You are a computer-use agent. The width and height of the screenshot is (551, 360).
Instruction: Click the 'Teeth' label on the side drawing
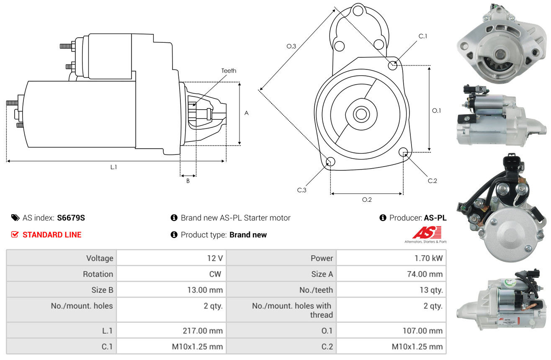(x=229, y=71)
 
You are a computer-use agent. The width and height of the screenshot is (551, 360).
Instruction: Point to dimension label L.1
(x=113, y=167)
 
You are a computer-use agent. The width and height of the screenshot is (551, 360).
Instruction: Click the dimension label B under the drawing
(x=188, y=181)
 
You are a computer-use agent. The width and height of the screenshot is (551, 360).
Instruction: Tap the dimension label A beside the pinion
(x=247, y=113)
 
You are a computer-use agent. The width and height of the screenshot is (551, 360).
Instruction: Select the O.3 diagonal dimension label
(x=291, y=46)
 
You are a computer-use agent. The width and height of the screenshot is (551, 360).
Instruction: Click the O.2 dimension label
(x=367, y=200)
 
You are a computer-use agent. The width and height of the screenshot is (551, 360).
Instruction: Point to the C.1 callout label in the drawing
(x=423, y=36)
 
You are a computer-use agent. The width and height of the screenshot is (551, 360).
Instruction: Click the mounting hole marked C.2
(x=403, y=152)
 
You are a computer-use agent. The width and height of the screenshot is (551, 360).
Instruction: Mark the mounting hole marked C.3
(x=330, y=162)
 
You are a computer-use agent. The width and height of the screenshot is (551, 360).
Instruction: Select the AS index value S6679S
(x=71, y=218)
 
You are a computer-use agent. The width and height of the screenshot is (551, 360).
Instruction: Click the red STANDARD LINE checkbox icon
(x=15, y=235)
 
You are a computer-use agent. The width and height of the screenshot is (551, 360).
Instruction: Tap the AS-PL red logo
(x=427, y=233)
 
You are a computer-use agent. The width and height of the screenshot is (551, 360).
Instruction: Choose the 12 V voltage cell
(x=215, y=258)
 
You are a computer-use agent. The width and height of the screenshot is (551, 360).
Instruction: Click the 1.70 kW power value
(x=428, y=258)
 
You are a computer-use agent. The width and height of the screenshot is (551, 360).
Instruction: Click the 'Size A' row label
(x=322, y=274)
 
